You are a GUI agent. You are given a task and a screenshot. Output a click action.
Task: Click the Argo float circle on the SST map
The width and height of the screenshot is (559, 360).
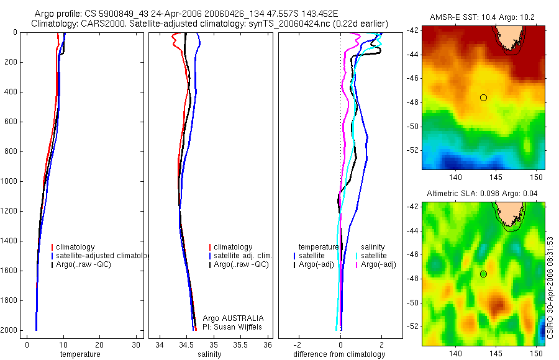tap(483, 97)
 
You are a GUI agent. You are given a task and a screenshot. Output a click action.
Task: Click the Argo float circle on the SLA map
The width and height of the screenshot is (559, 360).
tap(483, 274)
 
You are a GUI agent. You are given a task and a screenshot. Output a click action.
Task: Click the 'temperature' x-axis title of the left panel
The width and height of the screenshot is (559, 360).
tap(80, 354)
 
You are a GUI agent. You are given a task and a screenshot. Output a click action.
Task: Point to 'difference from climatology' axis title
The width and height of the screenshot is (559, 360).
tap(339, 354)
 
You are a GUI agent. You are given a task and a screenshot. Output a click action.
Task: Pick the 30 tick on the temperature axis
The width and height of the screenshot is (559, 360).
tap(137, 344)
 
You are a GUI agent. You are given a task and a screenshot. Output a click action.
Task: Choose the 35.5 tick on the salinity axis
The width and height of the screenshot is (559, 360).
tap(240, 344)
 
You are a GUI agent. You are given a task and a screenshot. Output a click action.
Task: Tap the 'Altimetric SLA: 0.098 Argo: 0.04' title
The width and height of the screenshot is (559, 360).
tap(483, 194)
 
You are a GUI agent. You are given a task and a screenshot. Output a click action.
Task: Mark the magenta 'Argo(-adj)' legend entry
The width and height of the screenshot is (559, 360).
tap(378, 265)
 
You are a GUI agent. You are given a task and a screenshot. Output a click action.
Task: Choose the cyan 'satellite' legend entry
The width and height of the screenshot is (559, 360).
tap(374, 256)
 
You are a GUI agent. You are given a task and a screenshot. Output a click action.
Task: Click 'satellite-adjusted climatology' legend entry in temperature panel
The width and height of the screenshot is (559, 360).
tap(99, 256)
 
